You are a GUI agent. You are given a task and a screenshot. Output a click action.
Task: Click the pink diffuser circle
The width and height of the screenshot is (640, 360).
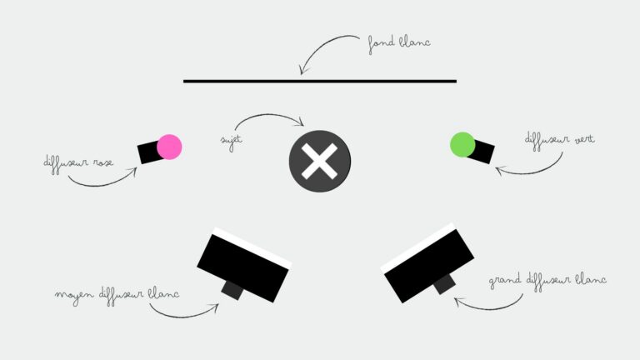[x=169, y=147]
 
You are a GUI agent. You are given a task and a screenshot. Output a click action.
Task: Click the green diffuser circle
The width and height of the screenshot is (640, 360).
[x=462, y=144]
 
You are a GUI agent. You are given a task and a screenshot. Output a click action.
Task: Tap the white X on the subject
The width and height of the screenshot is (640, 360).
[x=320, y=161]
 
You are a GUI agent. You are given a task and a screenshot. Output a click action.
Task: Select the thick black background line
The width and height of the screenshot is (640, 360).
[x=320, y=81]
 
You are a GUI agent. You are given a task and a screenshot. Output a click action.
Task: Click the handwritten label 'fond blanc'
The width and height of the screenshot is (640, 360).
[x=399, y=43]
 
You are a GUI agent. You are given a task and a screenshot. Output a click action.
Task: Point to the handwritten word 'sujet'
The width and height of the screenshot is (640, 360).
[x=232, y=141]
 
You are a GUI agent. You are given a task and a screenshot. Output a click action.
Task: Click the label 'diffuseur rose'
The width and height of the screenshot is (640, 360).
[x=78, y=163]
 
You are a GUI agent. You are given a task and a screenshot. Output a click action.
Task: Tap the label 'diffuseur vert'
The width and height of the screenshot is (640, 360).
[x=559, y=140]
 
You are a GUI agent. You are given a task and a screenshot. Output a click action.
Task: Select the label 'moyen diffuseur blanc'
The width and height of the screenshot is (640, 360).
[x=117, y=295]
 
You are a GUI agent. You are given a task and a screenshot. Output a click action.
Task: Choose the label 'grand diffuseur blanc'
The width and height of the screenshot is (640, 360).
[x=547, y=281]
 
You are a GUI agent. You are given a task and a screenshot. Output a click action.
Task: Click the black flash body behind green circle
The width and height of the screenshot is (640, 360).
[x=483, y=152]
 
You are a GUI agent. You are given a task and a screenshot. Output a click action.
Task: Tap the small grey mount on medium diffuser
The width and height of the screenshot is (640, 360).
[x=232, y=291]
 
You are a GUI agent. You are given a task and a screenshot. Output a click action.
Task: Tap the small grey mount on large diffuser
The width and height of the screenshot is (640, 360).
[x=444, y=284]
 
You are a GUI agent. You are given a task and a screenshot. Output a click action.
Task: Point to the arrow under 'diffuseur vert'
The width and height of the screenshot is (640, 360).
[x=535, y=172]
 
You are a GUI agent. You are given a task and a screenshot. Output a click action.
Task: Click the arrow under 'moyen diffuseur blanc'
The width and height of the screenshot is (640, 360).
[x=183, y=316]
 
